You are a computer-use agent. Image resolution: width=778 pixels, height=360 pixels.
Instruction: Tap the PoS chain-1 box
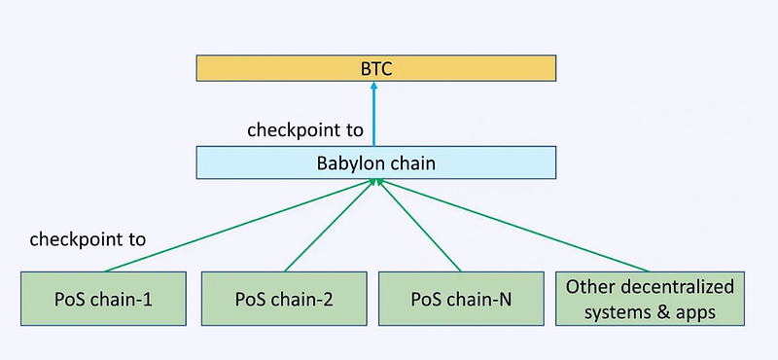click(x=102, y=300)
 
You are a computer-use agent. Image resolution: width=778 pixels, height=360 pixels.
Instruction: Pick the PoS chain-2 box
click(x=284, y=300)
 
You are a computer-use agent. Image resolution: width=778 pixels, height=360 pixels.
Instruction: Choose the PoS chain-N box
click(x=460, y=300)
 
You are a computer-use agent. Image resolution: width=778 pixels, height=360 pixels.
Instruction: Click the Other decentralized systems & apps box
click(x=650, y=299)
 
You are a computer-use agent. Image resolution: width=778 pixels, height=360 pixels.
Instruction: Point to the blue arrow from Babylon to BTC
click(x=374, y=117)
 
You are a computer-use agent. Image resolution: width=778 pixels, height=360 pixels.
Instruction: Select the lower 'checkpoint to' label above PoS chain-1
click(x=88, y=238)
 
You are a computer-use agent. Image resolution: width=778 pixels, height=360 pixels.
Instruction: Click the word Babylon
click(x=351, y=162)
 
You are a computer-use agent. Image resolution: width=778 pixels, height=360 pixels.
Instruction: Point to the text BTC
click(x=375, y=68)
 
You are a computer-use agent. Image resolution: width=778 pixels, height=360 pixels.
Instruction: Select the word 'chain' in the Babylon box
click(x=411, y=162)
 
